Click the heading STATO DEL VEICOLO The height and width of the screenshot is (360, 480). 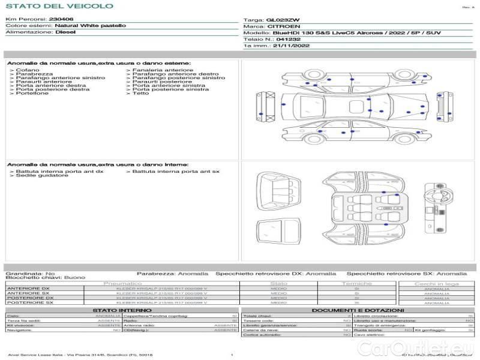pyautogui.click(x=59, y=6)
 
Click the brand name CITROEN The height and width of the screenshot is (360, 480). pyautogui.click(x=280, y=26)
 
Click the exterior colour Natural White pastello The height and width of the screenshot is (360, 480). pyautogui.click(x=90, y=26)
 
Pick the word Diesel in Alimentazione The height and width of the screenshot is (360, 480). pyautogui.click(x=65, y=32)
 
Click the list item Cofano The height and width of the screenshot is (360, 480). pyautogui.click(x=28, y=70)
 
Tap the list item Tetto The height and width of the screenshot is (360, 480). pyautogui.click(x=140, y=93)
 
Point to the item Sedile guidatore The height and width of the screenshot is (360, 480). pyautogui.click(x=39, y=176)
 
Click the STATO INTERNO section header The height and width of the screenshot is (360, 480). pyautogui.click(x=119, y=310)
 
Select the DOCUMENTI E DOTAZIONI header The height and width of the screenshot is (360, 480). pyautogui.click(x=346, y=310)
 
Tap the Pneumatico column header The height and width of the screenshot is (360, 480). pyautogui.click(x=122, y=283)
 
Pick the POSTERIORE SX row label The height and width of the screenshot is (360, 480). pyautogui.click(x=29, y=302)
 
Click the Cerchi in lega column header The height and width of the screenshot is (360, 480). pyautogui.click(x=436, y=283)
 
